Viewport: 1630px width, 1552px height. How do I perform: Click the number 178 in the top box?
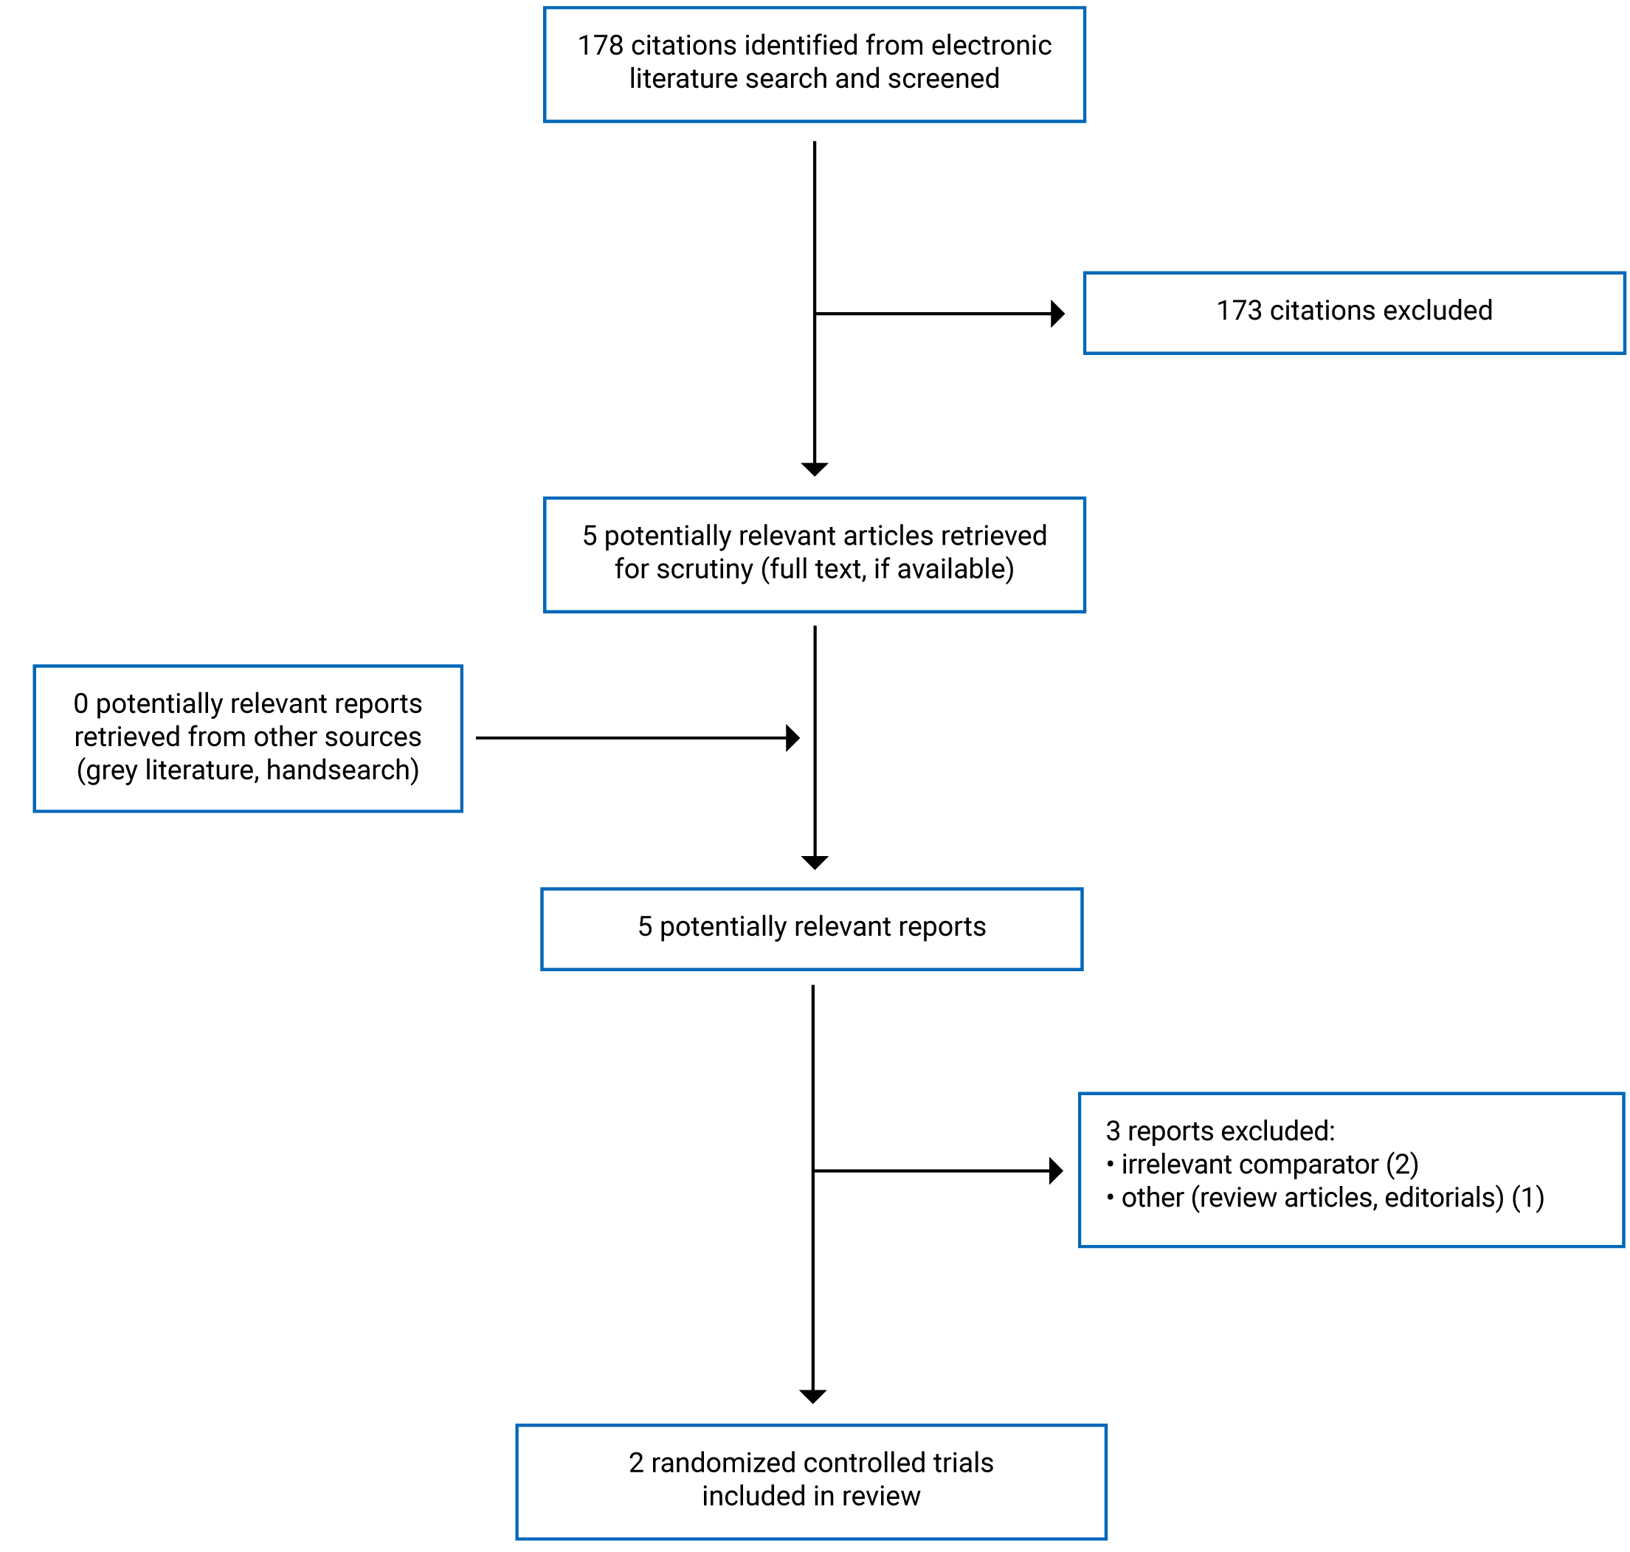click(x=600, y=46)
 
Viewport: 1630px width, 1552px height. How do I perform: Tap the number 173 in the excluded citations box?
click(x=1238, y=310)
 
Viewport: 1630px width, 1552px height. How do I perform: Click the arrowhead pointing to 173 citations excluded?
click(x=1057, y=314)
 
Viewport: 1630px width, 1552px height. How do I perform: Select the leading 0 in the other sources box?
click(x=80, y=703)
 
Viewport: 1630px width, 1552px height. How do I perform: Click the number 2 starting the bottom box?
click(x=635, y=1463)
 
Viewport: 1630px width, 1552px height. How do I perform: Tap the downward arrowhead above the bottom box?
click(x=812, y=1396)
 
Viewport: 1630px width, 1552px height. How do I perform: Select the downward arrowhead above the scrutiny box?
click(x=814, y=469)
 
